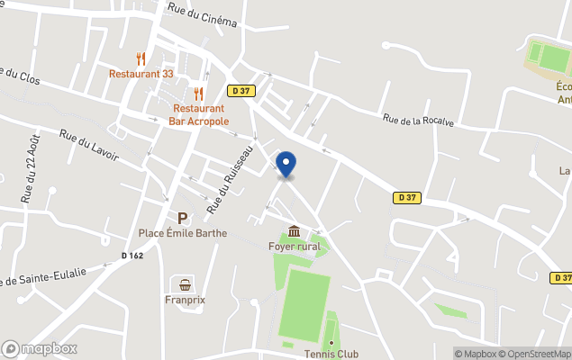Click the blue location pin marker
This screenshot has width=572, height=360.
pos(286,165)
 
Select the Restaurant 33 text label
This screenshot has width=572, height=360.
pos(141,74)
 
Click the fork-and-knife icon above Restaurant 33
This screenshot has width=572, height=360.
pos(141,59)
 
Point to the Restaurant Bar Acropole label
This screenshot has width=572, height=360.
pos(199,114)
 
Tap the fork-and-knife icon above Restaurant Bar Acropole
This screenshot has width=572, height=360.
pos(199,94)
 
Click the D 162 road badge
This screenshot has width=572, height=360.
pos(132,256)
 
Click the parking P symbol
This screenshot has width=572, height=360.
pos(182,218)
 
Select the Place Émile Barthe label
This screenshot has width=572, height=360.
pos(183,233)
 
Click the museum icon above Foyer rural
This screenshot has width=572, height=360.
pos(295,232)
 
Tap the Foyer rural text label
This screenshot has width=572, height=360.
pos(295,247)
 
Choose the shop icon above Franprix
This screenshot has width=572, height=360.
pos(186,284)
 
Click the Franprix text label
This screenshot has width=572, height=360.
pos(186,300)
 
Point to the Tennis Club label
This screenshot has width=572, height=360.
pos(331,354)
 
